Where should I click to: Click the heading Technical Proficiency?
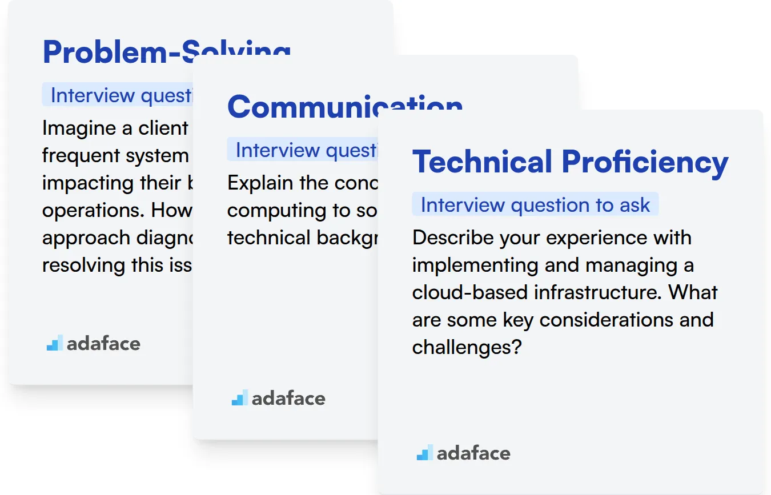[570, 162]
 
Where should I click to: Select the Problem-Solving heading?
[166, 52]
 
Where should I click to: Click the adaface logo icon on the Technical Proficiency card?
[424, 453]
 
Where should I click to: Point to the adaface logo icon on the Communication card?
[239, 398]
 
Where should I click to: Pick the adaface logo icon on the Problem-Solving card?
[55, 343]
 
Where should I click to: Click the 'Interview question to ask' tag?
[535, 205]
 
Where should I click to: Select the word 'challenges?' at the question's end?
[467, 347]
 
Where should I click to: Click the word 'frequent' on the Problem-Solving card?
[78, 155]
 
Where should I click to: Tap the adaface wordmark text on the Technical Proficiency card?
[473, 453]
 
